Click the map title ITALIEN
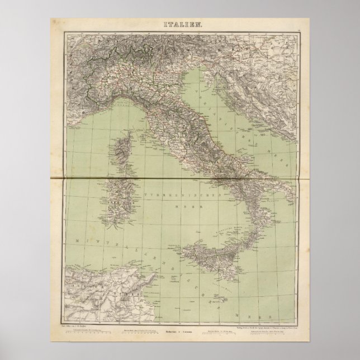(179, 25)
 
